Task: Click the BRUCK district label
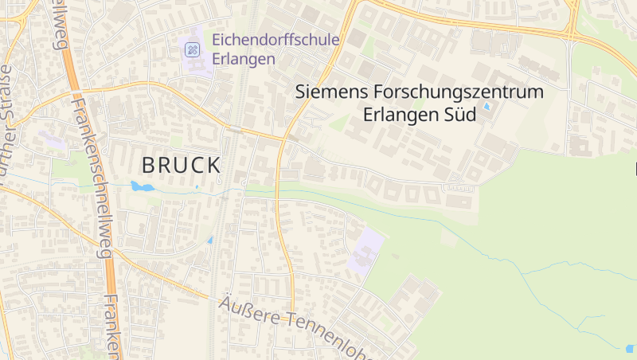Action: coord(181,166)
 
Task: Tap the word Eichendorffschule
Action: coord(276,40)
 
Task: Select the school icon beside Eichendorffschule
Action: coord(192,49)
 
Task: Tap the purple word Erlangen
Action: coord(244,59)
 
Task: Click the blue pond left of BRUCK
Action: coord(142,187)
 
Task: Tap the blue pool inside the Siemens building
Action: coord(487,106)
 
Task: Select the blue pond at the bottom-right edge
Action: coord(630,348)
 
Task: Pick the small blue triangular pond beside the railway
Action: coord(210,239)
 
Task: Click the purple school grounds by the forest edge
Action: coord(365,250)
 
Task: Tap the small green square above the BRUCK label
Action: coord(176,141)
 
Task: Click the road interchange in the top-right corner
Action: coord(572,22)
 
